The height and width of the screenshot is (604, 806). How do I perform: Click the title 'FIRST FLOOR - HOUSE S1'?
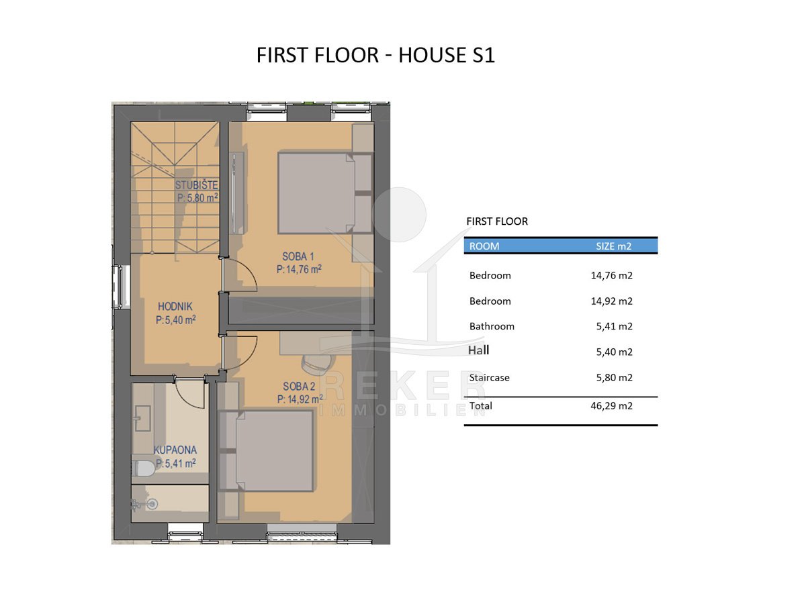(375, 56)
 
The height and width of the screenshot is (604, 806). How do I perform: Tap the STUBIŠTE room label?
(196, 185)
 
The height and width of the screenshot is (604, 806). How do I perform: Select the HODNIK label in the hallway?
(175, 307)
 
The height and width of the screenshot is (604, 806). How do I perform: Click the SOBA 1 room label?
(298, 257)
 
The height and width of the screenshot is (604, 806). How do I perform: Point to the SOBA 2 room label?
(299, 387)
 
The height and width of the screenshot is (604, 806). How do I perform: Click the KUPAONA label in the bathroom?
(175, 450)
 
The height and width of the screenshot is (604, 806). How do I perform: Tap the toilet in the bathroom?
(144, 468)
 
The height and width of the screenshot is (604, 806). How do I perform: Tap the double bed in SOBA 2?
(266, 451)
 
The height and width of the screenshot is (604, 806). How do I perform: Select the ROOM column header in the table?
(484, 246)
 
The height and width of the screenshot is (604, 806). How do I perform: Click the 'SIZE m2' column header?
(613, 246)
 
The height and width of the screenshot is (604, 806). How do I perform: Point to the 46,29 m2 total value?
(611, 406)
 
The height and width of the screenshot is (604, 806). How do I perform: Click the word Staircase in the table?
(489, 378)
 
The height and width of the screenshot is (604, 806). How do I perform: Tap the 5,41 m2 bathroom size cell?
(614, 326)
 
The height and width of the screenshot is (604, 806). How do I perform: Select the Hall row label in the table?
(478, 350)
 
